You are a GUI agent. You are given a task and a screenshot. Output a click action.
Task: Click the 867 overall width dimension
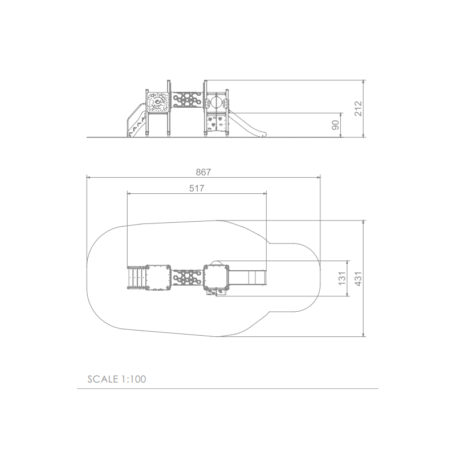pyautogui.click(x=203, y=172)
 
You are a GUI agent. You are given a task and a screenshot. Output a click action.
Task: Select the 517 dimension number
pyautogui.click(x=197, y=189)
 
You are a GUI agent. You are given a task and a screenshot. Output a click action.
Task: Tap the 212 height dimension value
pyautogui.click(x=359, y=108)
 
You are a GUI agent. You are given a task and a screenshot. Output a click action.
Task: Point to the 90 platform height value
pyautogui.click(x=335, y=125)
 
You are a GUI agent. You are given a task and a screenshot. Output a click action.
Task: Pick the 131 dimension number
pyautogui.click(x=342, y=278)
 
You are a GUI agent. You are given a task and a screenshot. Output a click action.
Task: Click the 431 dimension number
pyautogui.click(x=359, y=279)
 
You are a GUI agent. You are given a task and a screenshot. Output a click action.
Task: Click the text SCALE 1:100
pyautogui.click(x=117, y=379)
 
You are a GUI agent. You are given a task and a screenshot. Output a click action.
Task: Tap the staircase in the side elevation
pyautogui.click(x=136, y=120)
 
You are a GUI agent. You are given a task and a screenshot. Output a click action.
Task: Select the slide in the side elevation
pyautogui.click(x=247, y=124)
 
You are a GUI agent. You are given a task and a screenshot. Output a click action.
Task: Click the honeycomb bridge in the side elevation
pyautogui.click(x=187, y=100)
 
